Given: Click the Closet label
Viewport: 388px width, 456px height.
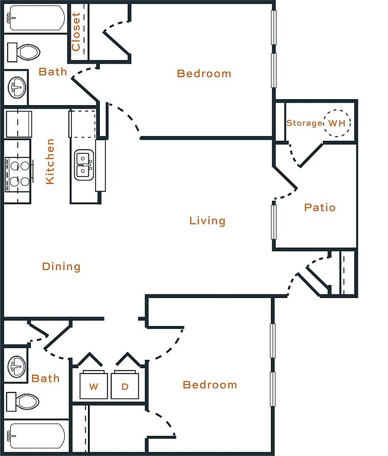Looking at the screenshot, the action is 76,32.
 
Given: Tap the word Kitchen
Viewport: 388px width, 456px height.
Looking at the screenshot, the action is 50,161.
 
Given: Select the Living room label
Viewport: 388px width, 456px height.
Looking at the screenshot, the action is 207,221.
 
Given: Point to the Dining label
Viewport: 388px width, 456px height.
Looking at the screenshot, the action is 61,267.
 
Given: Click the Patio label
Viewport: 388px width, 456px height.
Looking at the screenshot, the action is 320,207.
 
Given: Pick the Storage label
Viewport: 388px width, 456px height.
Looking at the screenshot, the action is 304,123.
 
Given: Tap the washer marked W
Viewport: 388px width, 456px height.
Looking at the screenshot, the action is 94,385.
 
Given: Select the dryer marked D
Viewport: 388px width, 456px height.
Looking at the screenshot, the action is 125,385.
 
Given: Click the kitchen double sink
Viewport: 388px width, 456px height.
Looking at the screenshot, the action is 84,165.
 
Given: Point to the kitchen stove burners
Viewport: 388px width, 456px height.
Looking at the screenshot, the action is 18,174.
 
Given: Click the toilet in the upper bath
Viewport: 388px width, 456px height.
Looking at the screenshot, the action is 24,52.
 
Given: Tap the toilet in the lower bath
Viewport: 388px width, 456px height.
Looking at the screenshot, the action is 23,401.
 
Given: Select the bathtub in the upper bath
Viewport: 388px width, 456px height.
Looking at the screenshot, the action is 36,17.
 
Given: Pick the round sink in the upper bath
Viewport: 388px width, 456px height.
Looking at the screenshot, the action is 17,87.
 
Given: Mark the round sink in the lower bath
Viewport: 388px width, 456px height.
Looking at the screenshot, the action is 17,366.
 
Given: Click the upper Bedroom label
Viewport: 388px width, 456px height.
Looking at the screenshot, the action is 204,73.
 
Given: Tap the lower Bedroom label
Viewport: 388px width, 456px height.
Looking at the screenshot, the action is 210,385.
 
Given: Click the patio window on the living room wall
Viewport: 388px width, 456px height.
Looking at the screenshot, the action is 273,221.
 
